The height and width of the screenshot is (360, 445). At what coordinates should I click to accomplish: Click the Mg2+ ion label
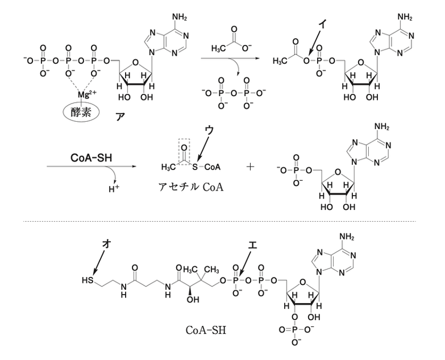(x=87, y=94)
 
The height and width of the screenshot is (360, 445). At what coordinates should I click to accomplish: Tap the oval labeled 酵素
(x=81, y=112)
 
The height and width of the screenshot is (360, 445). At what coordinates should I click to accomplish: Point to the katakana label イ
(x=323, y=24)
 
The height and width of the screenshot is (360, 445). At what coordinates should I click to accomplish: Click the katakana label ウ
(x=210, y=130)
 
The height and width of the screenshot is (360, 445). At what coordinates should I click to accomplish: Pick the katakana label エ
(x=252, y=245)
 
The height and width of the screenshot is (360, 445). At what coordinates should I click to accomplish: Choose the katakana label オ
(x=106, y=244)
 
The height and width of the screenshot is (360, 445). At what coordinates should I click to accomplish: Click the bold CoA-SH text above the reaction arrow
(x=91, y=158)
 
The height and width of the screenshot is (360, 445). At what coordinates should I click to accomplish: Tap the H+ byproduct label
(x=114, y=189)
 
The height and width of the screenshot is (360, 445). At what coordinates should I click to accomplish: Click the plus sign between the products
(x=250, y=167)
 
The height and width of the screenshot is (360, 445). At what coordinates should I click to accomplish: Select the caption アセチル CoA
(x=191, y=187)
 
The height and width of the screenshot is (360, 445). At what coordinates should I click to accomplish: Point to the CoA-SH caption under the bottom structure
(x=206, y=330)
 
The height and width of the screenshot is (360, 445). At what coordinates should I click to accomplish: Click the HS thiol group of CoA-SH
(x=88, y=280)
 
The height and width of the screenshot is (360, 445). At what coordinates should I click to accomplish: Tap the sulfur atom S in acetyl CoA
(x=195, y=167)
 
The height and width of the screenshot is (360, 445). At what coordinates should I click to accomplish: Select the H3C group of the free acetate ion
(x=219, y=48)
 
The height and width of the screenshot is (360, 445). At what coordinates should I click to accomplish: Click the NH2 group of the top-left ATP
(x=180, y=16)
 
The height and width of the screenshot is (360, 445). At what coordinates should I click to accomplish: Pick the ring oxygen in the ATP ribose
(x=135, y=63)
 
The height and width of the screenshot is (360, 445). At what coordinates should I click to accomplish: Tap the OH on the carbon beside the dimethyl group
(x=193, y=300)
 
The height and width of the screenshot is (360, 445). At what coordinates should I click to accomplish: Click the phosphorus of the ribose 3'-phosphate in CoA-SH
(x=295, y=330)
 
